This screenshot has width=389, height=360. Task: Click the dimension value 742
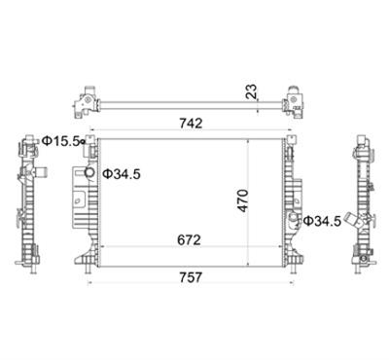click(x=191, y=124)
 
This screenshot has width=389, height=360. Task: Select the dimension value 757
click(x=191, y=277)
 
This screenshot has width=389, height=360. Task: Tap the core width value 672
click(x=189, y=240)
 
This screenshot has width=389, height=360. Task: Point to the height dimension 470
click(x=243, y=200)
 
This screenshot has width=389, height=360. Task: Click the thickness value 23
click(x=251, y=91)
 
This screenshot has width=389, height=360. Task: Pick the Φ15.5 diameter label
click(x=61, y=141)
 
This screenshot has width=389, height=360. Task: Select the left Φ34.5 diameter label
click(x=122, y=174)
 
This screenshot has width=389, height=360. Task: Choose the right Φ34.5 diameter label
click(x=322, y=221)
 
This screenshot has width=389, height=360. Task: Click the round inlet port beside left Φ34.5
click(x=89, y=173)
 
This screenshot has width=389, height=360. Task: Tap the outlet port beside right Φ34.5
click(x=294, y=218)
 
